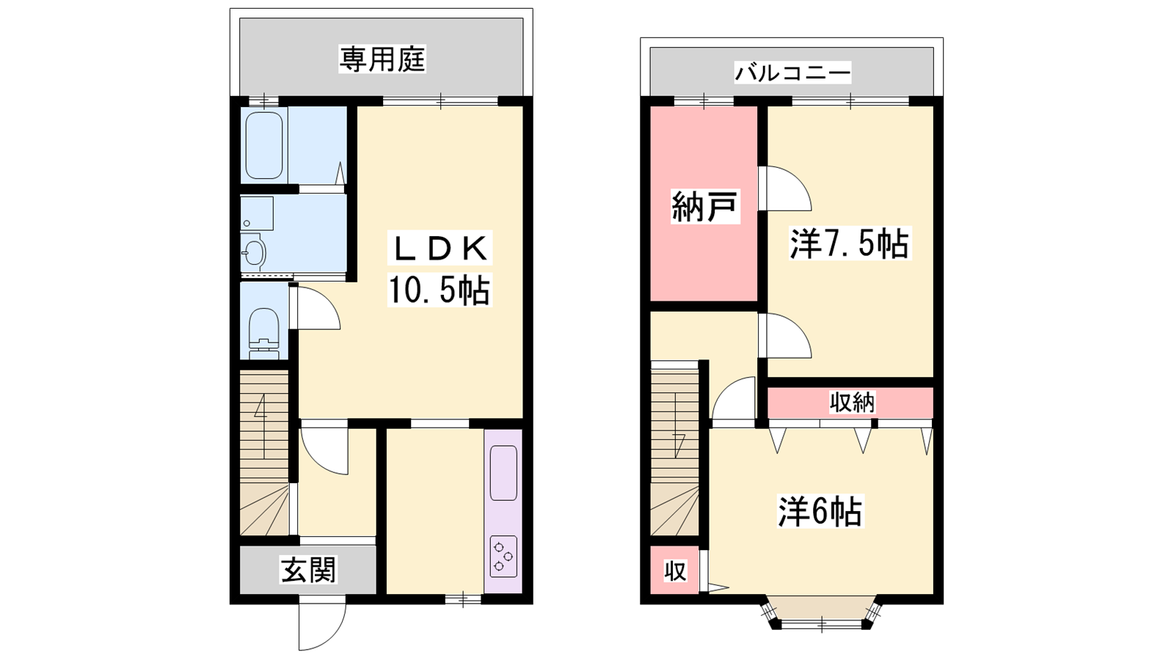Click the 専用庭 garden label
(x=382, y=59)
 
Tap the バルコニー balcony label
(x=792, y=73)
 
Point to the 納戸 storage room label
(x=705, y=206)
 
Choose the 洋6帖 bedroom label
(x=820, y=512)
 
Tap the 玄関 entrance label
(x=308, y=570)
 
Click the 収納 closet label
(x=852, y=403)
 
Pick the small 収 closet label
(x=675, y=571)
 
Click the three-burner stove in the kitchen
(x=503, y=554)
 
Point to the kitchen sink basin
(x=503, y=473)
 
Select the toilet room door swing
(x=315, y=308)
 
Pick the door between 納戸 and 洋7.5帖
(x=785, y=188)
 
